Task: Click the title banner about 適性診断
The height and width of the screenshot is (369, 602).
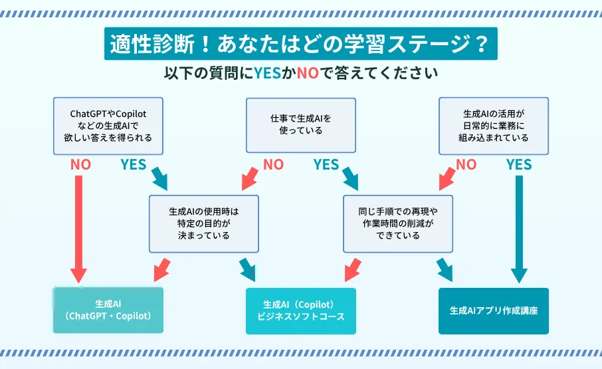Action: tap(300, 45)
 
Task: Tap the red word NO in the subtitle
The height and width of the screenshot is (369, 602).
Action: tap(308, 71)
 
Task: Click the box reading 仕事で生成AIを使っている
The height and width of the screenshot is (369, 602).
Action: tap(300, 125)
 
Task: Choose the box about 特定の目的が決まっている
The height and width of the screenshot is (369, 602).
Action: tap(204, 223)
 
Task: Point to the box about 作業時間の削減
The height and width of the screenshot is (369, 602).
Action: tap(397, 223)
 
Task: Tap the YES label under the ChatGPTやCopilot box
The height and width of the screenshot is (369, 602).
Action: tap(133, 165)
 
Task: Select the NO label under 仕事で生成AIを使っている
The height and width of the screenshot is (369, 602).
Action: tap(273, 165)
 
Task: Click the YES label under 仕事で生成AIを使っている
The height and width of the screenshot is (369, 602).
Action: tap(326, 165)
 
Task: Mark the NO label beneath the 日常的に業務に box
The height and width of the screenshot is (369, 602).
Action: tap(466, 165)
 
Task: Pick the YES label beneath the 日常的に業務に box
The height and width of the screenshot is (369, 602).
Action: tap(519, 165)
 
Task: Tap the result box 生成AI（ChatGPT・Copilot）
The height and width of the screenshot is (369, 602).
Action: tap(108, 310)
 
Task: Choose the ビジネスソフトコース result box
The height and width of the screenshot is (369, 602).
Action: tap(300, 310)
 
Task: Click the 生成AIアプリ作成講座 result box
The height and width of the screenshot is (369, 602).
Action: tap(494, 310)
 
